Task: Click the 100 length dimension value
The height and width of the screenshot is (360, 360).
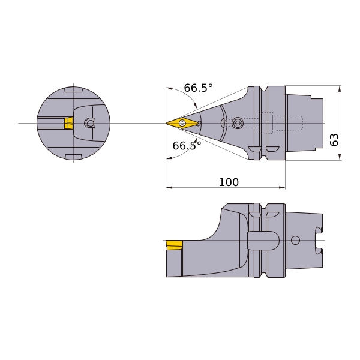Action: [229, 182]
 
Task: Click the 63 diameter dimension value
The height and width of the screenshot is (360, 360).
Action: [334, 139]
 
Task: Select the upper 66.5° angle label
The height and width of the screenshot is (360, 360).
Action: [199, 88]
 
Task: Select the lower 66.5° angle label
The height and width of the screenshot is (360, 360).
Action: [187, 146]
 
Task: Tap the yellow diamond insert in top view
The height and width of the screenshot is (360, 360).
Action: [182, 122]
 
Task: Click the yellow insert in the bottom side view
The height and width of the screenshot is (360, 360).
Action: [174, 245]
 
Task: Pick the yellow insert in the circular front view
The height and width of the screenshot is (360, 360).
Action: [68, 123]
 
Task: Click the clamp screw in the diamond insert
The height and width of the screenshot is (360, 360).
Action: [182, 122]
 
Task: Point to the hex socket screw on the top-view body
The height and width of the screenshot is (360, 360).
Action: [237, 123]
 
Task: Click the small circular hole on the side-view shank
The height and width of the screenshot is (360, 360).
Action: [295, 240]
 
